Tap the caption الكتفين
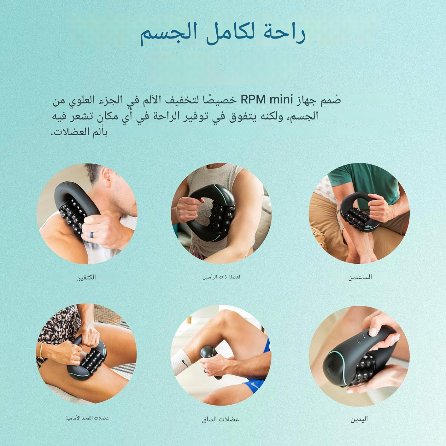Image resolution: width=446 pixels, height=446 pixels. pos(86,277)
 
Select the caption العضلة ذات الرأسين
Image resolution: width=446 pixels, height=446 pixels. pos(222,277)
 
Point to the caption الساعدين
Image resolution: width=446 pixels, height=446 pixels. pos(360,277)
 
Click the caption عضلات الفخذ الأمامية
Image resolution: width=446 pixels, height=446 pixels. pos(87,418)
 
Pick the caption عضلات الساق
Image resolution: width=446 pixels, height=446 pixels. pos(220,419)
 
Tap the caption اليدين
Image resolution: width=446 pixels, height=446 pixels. pos(360,419)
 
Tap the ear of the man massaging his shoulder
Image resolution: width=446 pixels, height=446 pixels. pos(107,174)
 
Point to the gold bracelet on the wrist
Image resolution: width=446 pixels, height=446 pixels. pos(42,351)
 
